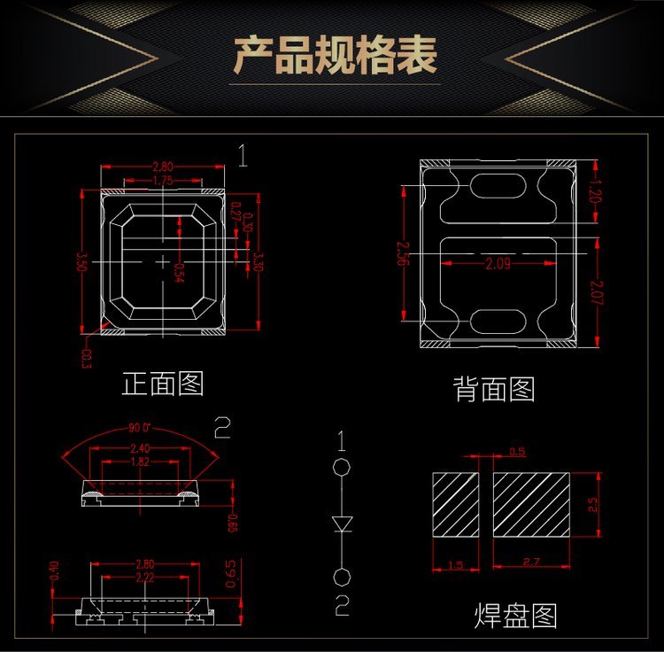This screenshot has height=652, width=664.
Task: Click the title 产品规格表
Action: coord(335,56)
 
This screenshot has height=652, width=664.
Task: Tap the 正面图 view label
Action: coord(163,384)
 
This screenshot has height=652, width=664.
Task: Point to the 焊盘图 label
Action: coord(516,616)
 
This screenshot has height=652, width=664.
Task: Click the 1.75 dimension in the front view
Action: coord(163,180)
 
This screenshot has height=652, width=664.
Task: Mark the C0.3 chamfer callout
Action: coord(87,359)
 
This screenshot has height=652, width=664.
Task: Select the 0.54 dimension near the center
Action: coord(179,272)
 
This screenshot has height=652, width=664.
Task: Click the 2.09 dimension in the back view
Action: coord(497,263)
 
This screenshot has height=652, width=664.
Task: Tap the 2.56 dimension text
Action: coord(404,253)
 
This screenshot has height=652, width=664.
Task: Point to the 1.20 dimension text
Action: coord(595,190)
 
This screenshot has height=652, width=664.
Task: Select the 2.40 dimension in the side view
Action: coord(140,448)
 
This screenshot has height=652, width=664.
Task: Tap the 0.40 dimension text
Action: coord(55,570)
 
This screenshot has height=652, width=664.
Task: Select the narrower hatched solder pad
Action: coord(455,504)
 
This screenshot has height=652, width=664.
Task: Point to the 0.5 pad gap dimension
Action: coord(518,453)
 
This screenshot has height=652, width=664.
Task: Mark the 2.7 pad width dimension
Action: coord(532,562)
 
